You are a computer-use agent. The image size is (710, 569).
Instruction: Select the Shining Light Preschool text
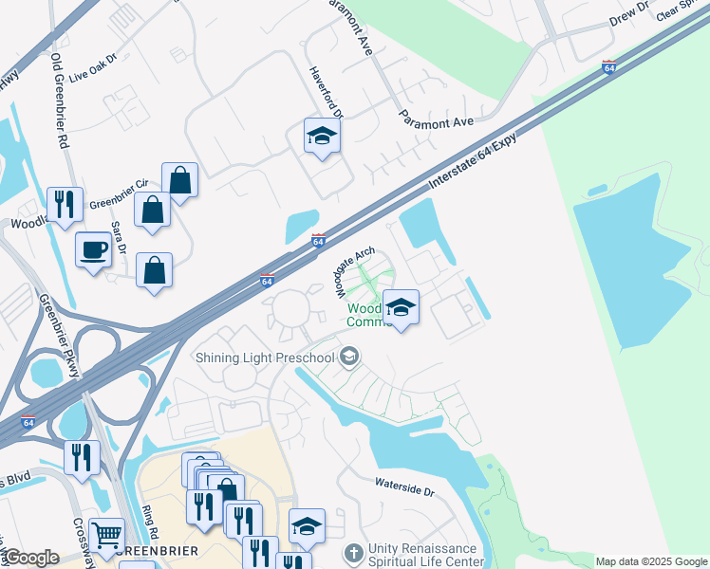click(265, 357)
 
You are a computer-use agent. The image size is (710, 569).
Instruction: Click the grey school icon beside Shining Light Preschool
click(348, 357)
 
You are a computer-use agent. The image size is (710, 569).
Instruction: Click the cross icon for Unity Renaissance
click(352, 552)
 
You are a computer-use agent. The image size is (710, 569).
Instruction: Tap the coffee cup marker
click(92, 249)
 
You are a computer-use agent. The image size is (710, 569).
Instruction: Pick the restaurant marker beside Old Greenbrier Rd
click(64, 203)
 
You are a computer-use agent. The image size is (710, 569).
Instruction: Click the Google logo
click(31, 558)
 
